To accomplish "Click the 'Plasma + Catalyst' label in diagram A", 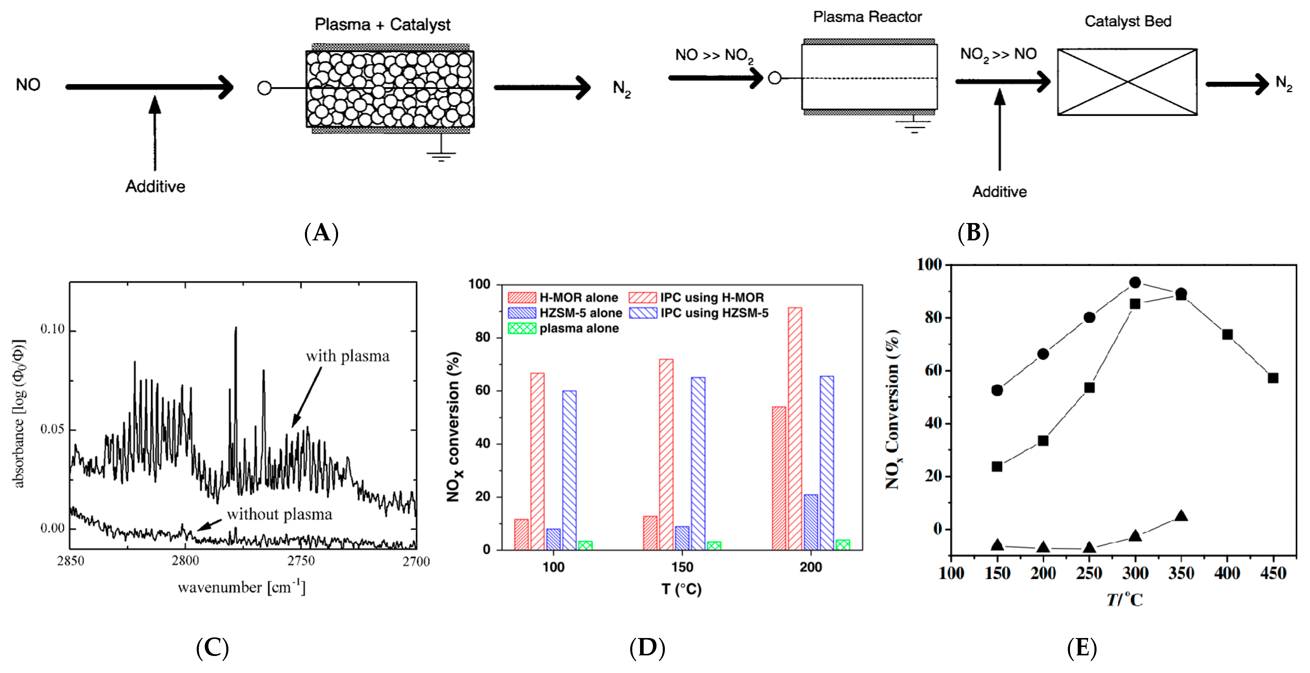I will coord(382,25).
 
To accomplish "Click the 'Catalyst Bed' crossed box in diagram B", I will coord(1127,82).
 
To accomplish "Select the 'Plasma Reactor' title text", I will coord(867,17).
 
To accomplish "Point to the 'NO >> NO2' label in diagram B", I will coord(714,55).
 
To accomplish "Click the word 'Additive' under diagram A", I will coord(155,186).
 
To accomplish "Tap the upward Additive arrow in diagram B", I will coord(999,130).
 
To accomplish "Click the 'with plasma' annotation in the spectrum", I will coord(347,356).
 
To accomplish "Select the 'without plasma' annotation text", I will coord(279,514).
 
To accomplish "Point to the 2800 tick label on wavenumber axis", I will coord(185,561).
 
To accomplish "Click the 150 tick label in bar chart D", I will coord(682,567).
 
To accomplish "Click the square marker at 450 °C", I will coord(1273,378).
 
